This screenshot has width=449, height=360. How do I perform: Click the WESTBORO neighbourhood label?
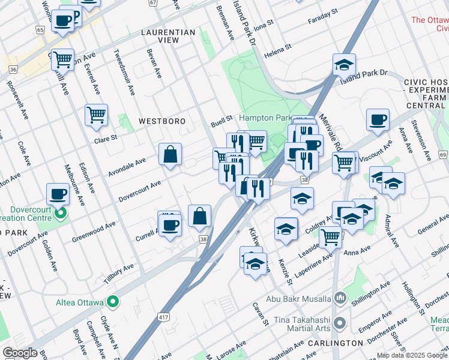161,121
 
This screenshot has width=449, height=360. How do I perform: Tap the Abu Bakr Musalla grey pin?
340,298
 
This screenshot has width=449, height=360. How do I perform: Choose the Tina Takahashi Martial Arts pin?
340,324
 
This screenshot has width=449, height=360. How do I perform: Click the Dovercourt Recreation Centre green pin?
59,212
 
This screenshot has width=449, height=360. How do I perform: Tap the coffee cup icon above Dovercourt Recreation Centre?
59,194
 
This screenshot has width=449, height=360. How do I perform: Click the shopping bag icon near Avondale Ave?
170,154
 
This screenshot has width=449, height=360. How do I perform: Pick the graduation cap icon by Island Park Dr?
344,65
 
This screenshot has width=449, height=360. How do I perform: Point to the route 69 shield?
443,155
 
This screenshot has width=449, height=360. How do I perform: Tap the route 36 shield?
13,70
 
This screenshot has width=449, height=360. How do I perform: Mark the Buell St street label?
221,118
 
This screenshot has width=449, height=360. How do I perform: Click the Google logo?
20,353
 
